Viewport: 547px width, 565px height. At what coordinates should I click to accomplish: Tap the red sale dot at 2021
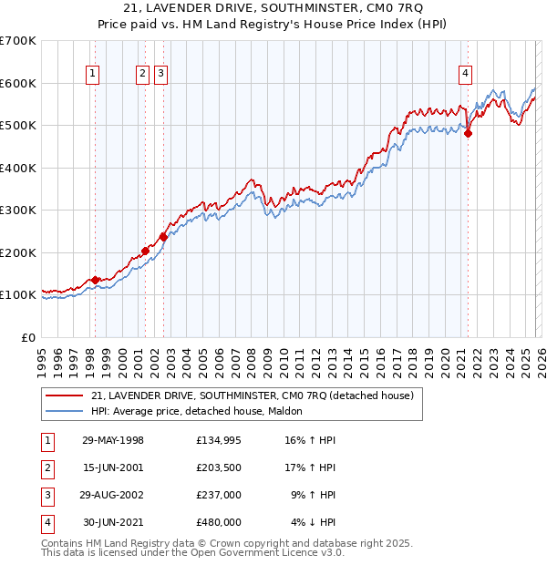pyautogui.click(x=469, y=133)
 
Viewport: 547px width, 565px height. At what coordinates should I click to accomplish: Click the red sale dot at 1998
pyautogui.click(x=95, y=280)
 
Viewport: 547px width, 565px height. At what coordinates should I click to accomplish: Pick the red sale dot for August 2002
pyautogui.click(x=163, y=237)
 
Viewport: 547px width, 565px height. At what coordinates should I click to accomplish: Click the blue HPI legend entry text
pyautogui.click(x=202, y=411)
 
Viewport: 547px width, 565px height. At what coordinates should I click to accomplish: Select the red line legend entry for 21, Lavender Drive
pyautogui.click(x=253, y=395)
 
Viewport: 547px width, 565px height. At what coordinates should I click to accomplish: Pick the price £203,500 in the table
pyautogui.click(x=218, y=467)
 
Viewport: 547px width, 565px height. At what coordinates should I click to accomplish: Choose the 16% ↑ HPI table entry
pyautogui.click(x=311, y=440)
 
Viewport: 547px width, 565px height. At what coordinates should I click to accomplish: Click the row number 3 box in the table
pyautogui.click(x=47, y=495)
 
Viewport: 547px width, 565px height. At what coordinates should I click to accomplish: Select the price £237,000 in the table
pyautogui.click(x=218, y=495)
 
